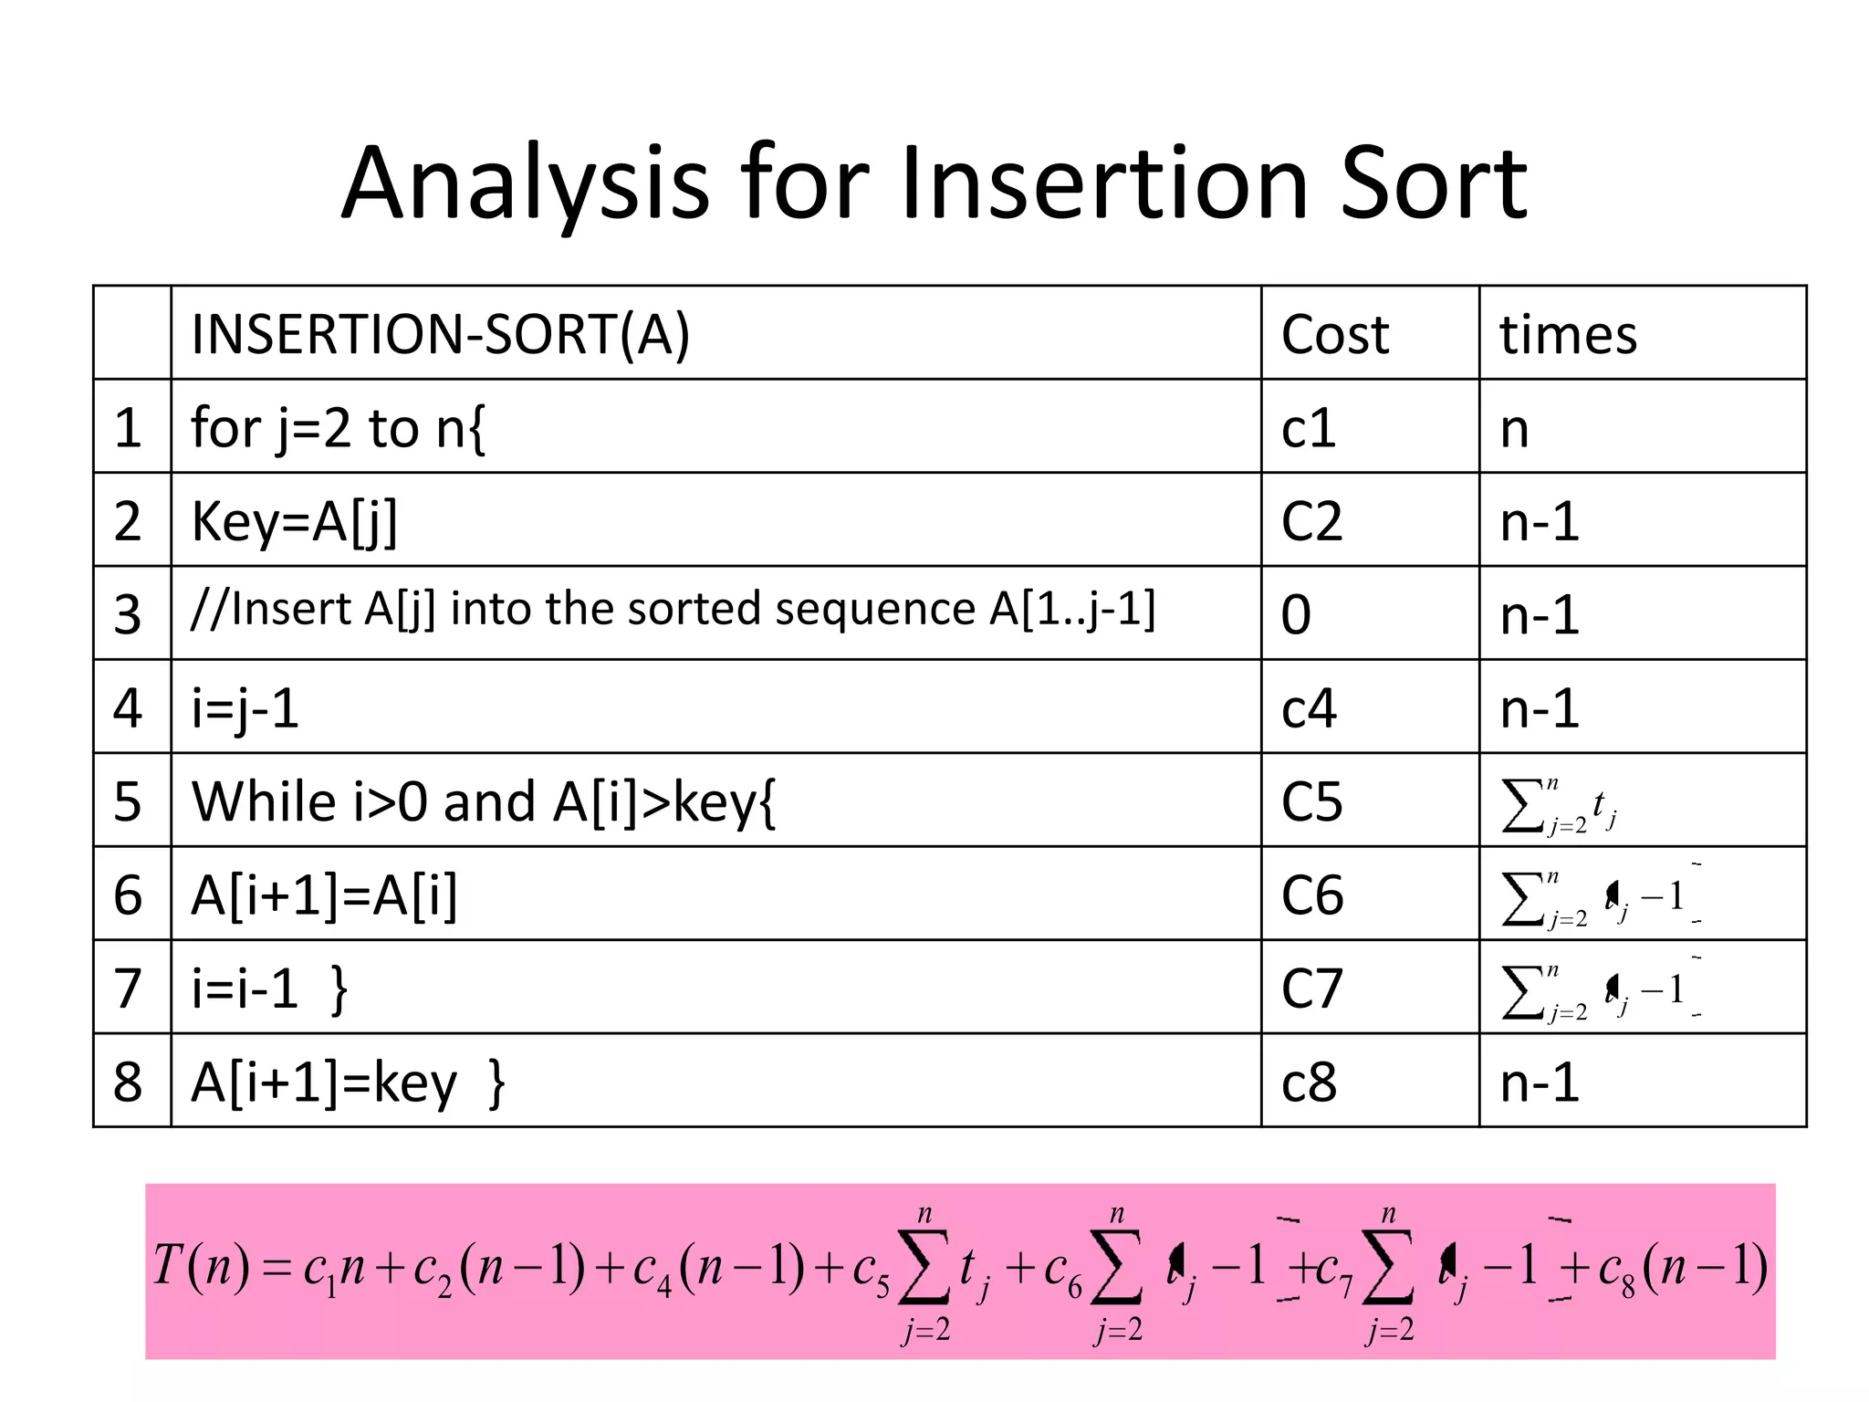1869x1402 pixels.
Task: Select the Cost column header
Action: click(x=1334, y=334)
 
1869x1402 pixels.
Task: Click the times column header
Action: click(x=1568, y=334)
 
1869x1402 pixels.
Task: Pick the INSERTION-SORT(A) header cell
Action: click(x=440, y=334)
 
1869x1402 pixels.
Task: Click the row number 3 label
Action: click(x=128, y=614)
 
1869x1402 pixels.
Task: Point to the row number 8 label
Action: click(x=128, y=1083)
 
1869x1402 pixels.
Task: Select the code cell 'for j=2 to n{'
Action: click(x=338, y=428)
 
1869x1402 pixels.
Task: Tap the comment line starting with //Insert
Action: click(x=673, y=609)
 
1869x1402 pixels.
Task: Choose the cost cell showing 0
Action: click(x=1296, y=614)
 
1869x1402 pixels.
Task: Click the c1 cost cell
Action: click(x=1308, y=428)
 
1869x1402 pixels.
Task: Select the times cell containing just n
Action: click(x=1514, y=428)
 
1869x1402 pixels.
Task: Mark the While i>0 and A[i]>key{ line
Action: click(x=483, y=802)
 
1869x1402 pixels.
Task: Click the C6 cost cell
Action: click(x=1311, y=895)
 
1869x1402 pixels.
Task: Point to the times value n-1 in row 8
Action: click(x=1540, y=1083)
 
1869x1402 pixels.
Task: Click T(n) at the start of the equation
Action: click(x=200, y=1267)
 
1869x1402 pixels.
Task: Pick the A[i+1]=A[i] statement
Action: click(x=324, y=895)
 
